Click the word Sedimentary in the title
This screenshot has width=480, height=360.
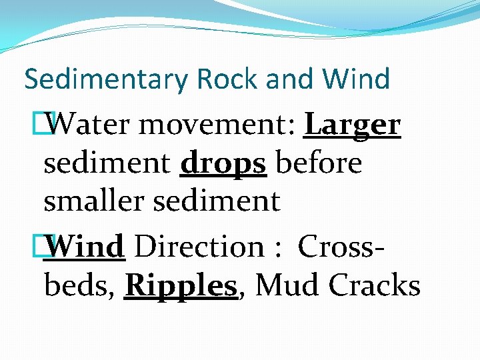pyautogui.click(x=107, y=79)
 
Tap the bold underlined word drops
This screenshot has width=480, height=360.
pyautogui.click(x=223, y=163)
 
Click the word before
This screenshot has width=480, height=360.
pyautogui.click(x=319, y=163)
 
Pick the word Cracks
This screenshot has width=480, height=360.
pyautogui.click(x=374, y=285)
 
